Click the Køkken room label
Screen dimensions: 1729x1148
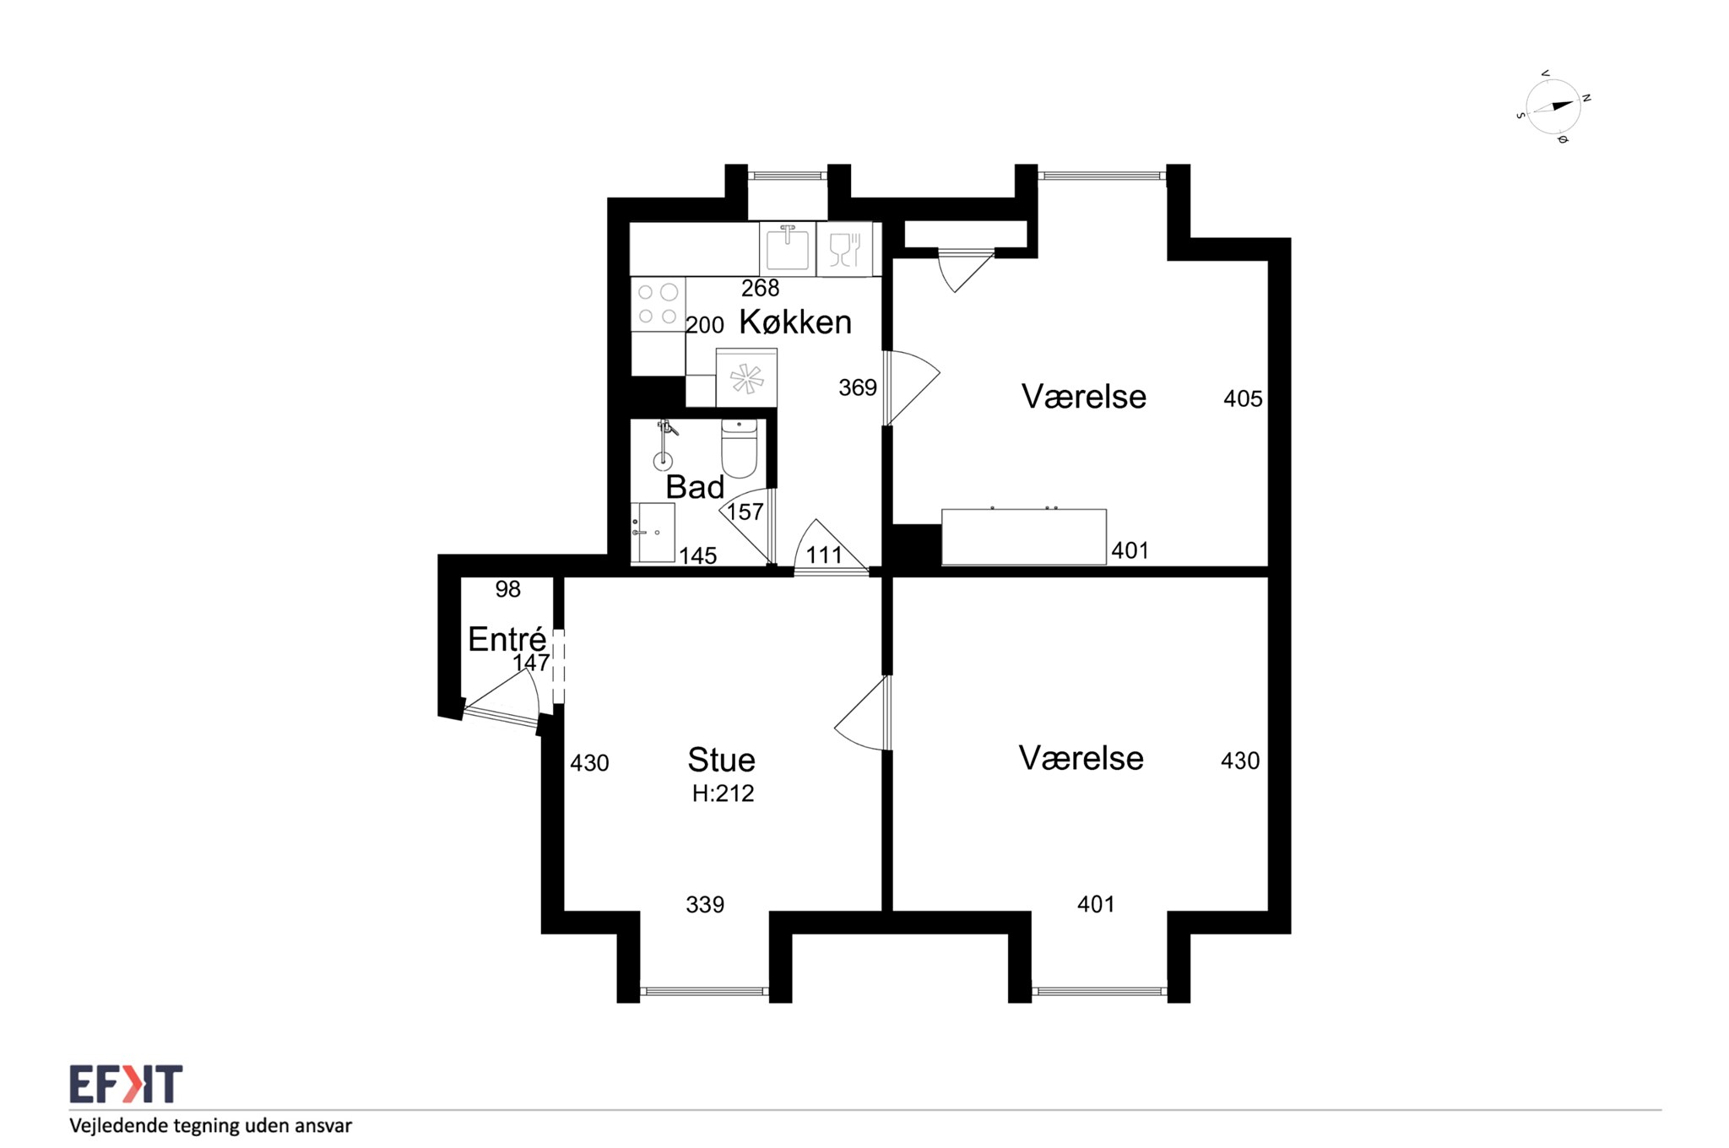pos(795,322)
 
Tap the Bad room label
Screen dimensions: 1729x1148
pos(695,487)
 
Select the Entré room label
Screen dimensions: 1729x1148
pos(507,639)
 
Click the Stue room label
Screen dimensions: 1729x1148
pos(721,760)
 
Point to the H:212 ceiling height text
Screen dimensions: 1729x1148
pos(723,793)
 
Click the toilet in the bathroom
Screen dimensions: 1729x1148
pos(739,448)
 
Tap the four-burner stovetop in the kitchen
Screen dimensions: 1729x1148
pos(658,304)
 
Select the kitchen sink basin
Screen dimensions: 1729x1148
pos(787,248)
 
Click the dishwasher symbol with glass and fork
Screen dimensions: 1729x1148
pos(844,249)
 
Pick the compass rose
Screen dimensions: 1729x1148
pos(1553,107)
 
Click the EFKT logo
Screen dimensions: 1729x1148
pos(126,1084)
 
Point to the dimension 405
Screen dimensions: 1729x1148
pos(1243,398)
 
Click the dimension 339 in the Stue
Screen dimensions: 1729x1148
pos(705,905)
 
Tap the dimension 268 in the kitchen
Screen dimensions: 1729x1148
pos(760,289)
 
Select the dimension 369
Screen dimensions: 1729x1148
pos(858,387)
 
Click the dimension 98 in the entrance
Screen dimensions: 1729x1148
pos(508,589)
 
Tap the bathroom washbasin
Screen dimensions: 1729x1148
pos(654,533)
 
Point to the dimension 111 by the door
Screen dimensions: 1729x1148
pos(824,555)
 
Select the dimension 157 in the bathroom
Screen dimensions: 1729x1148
pos(745,512)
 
